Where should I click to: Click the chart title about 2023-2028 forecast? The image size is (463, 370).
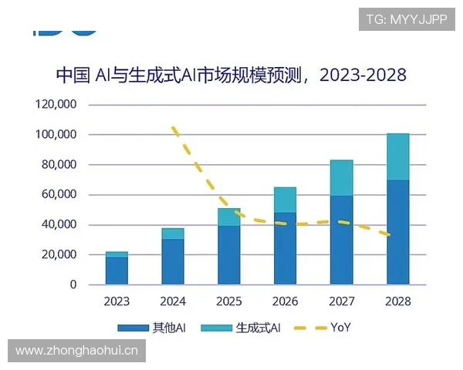pyautogui.click(x=231, y=75)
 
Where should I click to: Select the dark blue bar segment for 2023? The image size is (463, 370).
pyautogui.click(x=117, y=271)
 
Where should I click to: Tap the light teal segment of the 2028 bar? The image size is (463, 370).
pyautogui.click(x=397, y=156)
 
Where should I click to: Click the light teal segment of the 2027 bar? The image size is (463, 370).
pyautogui.click(x=341, y=177)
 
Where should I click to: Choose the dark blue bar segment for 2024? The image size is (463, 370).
pyautogui.click(x=173, y=261)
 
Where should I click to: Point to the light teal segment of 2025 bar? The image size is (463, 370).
pyautogui.click(x=229, y=217)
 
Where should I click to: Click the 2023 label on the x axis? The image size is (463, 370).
pyautogui.click(x=117, y=301)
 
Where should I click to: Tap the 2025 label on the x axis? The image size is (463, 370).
pyautogui.click(x=229, y=301)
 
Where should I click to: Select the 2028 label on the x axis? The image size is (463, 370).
pyautogui.click(x=397, y=301)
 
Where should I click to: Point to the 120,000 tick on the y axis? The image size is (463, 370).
pyautogui.click(x=58, y=105)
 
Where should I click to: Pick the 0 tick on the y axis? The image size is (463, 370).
pyautogui.click(x=74, y=285)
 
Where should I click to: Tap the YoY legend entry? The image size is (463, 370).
pyautogui.click(x=324, y=328)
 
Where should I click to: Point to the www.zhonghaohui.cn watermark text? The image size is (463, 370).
pyautogui.click(x=76, y=351)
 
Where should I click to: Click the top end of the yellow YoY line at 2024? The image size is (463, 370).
pyautogui.click(x=174, y=127)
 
